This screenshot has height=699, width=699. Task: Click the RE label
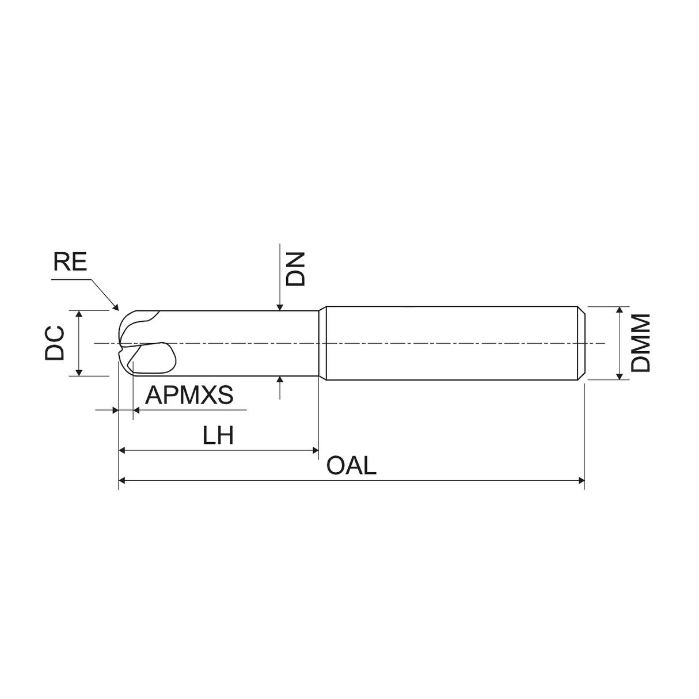tap(70, 262)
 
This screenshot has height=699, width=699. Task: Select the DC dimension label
tap(54, 343)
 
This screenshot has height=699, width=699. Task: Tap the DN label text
tap(295, 269)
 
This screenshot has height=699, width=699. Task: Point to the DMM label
tap(641, 343)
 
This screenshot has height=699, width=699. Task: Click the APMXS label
tap(189, 395)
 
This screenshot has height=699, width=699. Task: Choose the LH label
tap(218, 435)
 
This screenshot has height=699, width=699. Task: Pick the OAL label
tap(351, 466)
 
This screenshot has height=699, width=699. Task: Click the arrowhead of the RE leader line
tap(116, 307)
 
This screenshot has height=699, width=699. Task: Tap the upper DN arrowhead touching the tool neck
tap(280, 307)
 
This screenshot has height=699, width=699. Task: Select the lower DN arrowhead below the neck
tap(280, 379)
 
